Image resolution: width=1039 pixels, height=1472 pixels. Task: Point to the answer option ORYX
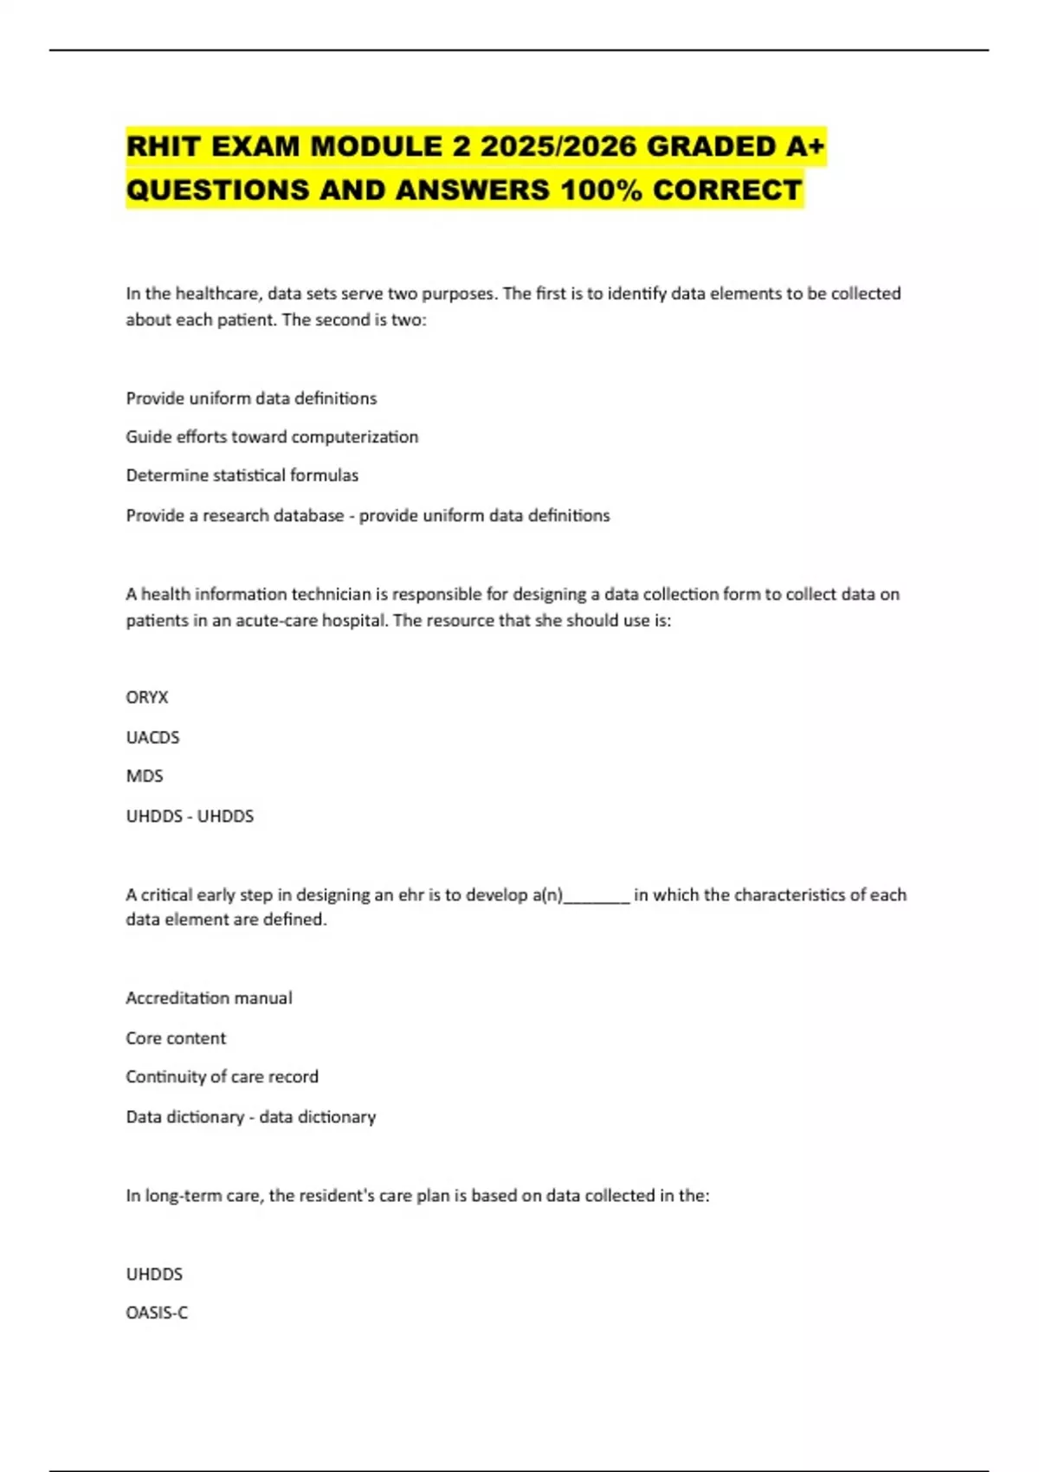coord(147,697)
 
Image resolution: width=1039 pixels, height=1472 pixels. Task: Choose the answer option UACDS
coord(152,737)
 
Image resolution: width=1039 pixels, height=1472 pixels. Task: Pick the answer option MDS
coord(145,776)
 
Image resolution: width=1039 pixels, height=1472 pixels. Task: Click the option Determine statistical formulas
coord(242,475)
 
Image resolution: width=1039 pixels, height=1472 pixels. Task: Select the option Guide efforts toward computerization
coord(272,436)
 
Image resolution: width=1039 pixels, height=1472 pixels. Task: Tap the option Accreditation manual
coord(209,997)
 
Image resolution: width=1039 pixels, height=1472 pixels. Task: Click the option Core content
coord(176,1037)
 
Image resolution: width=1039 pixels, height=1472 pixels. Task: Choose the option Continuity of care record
coord(222,1076)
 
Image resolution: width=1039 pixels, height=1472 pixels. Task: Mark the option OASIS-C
coord(157,1313)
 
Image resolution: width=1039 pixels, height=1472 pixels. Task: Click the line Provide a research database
coord(235,515)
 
